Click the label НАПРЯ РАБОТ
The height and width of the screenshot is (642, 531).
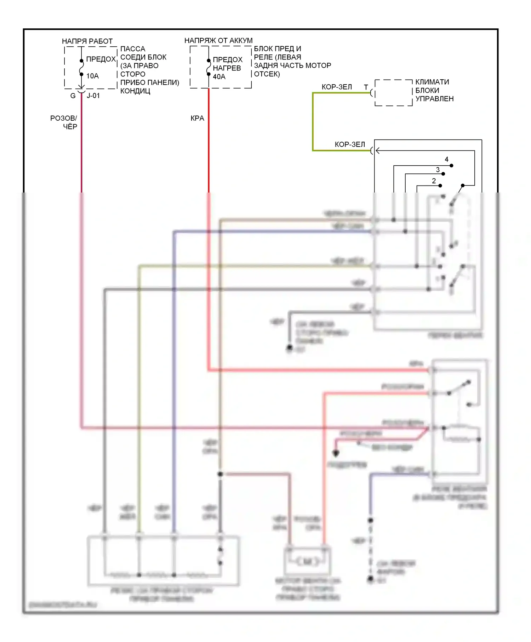tap(87, 41)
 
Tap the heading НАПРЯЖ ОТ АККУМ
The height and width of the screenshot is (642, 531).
tap(218, 41)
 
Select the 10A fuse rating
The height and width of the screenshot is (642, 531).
tap(92, 76)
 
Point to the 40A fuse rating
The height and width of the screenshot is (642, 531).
tap(219, 77)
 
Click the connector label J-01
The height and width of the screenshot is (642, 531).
tap(93, 96)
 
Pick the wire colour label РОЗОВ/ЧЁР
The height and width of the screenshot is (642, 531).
tap(64, 122)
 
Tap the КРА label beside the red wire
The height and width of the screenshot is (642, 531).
tap(197, 119)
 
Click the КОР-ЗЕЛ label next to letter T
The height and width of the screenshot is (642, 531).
tap(337, 87)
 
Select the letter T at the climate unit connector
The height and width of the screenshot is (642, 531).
tap(366, 87)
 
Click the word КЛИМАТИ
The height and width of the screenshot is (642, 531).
tap(432, 82)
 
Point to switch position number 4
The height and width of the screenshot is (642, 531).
tap(446, 160)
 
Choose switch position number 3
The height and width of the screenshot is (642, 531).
tap(438, 170)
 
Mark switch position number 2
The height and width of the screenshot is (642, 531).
tap(434, 181)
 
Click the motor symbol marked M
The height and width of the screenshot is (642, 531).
tap(308, 562)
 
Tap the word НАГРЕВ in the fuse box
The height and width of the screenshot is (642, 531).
tap(227, 68)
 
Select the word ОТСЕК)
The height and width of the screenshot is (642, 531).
tap(267, 74)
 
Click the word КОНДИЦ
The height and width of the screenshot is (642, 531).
tap(135, 91)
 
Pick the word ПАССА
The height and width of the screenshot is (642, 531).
tap(133, 49)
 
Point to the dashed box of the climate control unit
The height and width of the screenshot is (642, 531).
tap(394, 93)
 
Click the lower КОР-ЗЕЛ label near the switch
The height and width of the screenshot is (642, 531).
tap(350, 145)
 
